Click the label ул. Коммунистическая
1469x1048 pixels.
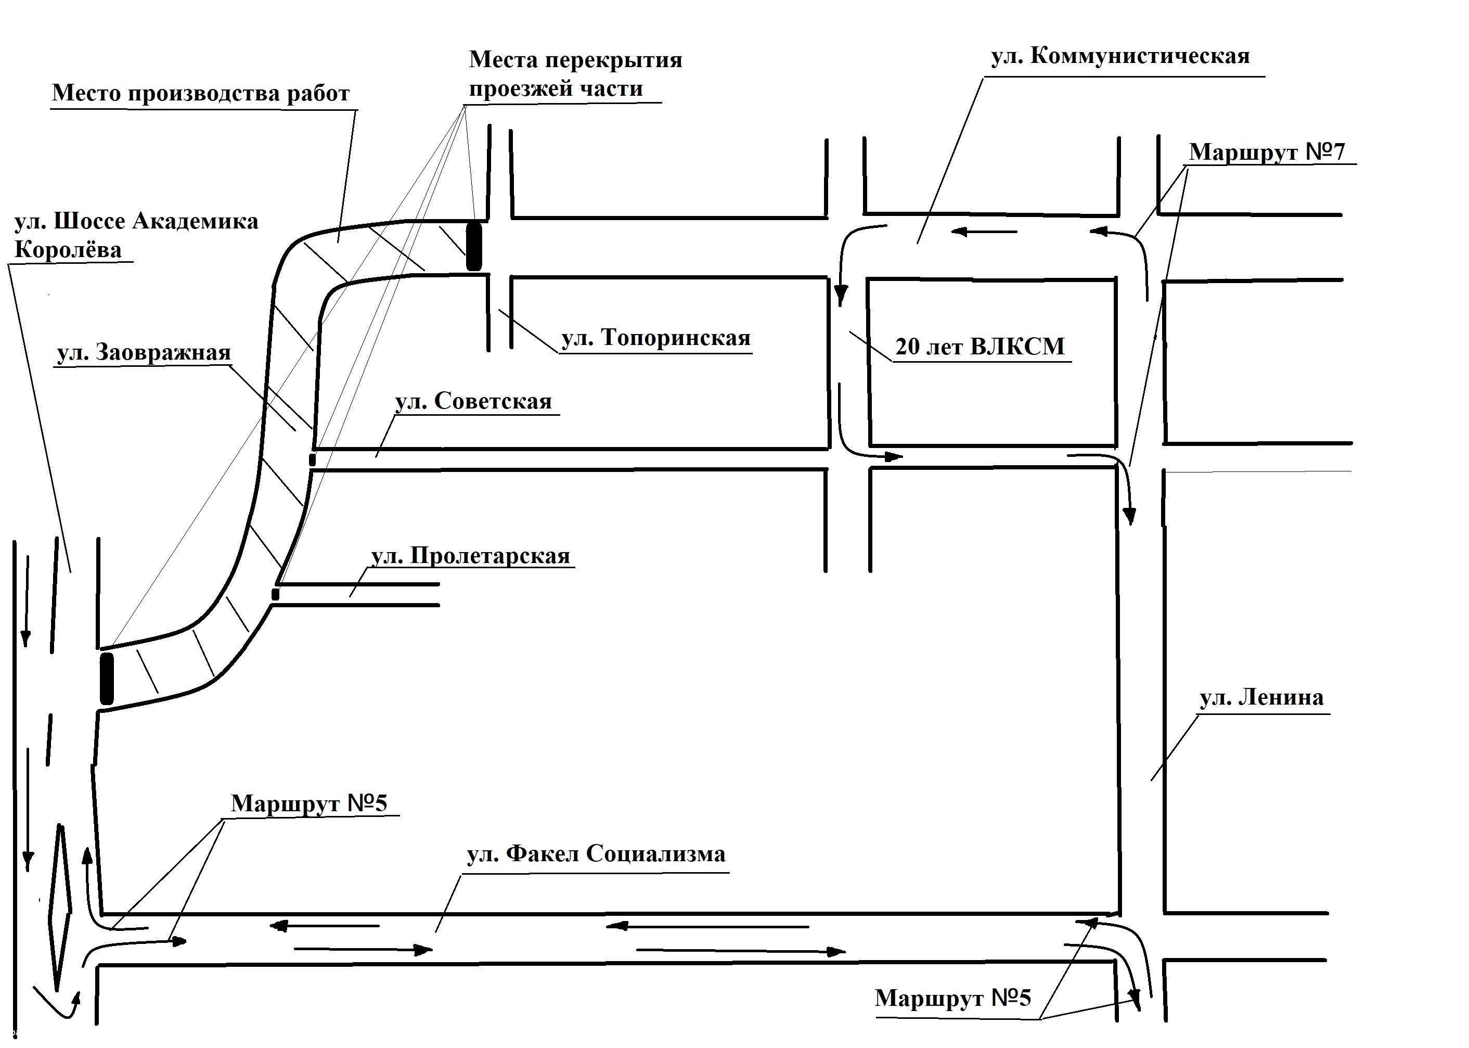pos(1120,56)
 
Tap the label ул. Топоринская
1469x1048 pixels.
pos(655,338)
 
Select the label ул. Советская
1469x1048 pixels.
pos(473,401)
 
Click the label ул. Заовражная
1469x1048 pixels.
pos(143,352)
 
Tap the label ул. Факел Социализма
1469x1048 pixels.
pos(596,854)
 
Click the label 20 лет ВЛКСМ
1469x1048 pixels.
pos(980,347)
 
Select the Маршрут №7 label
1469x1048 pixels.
pos(1267,151)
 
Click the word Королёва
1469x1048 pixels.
pos(68,250)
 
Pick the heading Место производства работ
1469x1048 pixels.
pos(201,93)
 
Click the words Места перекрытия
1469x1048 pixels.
pos(575,59)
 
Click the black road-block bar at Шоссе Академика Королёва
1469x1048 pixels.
pos(107,678)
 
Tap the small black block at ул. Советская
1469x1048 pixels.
pos(312,459)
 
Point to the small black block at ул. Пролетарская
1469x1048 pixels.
pos(276,594)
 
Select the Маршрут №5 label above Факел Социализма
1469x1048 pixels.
pos(309,803)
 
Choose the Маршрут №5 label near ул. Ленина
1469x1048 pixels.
pos(953,998)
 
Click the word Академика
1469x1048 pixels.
pos(195,221)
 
